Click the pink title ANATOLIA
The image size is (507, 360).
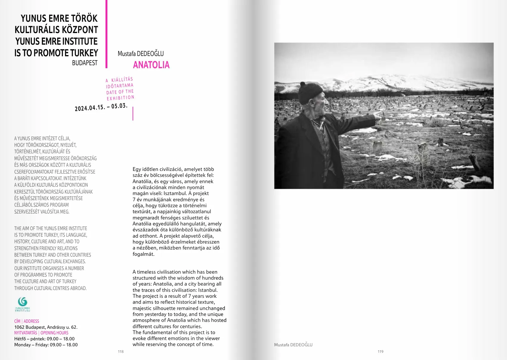coord(151,65)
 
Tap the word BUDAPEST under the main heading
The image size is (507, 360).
coord(85,63)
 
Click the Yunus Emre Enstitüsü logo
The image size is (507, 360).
coord(23,304)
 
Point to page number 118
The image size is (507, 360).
coord(121,352)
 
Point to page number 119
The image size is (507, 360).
coord(380,352)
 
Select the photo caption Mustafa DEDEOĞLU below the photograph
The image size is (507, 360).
coord(293,345)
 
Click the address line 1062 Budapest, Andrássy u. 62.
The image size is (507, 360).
coord(46,327)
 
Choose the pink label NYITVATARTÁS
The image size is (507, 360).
coord(26,333)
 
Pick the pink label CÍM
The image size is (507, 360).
coord(17,321)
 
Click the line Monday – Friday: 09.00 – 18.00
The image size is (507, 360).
coord(46,345)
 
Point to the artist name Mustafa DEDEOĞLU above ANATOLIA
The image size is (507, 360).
coord(141,54)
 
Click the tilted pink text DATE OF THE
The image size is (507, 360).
coord(120,92)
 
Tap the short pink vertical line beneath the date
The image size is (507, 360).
coord(133,113)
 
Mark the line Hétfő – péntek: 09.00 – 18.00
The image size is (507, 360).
coord(44,339)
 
